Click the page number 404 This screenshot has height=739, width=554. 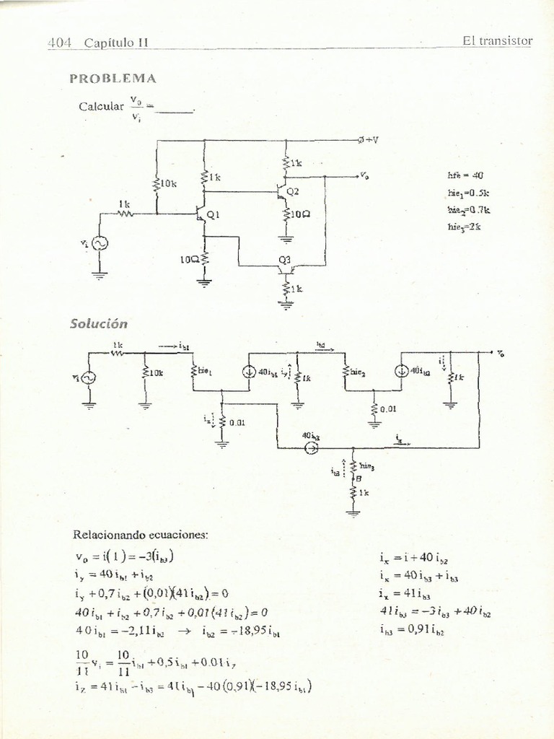coord(58,42)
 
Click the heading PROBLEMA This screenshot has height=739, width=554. coord(113,78)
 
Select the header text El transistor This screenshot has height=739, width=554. coord(497,40)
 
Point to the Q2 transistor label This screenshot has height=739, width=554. coord(292,191)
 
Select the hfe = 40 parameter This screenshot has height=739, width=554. coord(465,175)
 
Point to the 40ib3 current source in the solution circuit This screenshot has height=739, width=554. coord(311,447)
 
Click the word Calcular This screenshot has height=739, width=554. coord(101,106)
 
